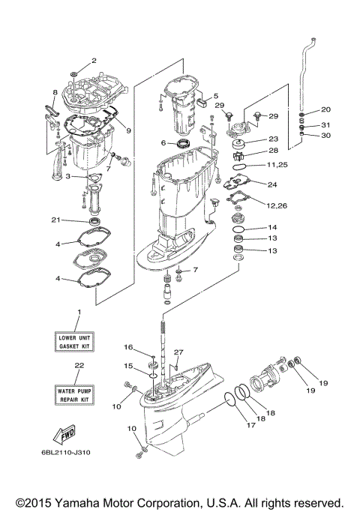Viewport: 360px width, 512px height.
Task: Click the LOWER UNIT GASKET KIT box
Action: coord(79,343)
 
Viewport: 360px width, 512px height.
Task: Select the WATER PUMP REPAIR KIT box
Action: coord(79,395)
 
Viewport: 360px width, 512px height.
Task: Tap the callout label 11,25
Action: coord(277,164)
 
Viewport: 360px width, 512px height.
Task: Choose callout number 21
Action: coord(55,220)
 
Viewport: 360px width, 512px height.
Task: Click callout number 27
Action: coord(178,352)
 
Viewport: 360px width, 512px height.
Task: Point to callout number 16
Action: coord(128,348)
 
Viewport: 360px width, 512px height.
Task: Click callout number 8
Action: coord(55,92)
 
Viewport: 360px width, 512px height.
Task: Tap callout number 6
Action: coord(163,142)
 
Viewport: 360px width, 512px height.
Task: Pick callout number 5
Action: coord(215,96)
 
